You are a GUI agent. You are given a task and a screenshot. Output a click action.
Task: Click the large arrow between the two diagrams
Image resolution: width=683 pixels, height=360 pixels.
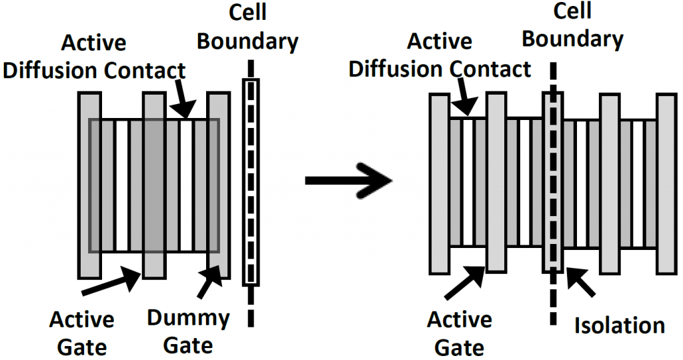pyautogui.click(x=347, y=180)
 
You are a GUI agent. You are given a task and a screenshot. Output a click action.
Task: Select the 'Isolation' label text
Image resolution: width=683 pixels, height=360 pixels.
pyautogui.click(x=620, y=325)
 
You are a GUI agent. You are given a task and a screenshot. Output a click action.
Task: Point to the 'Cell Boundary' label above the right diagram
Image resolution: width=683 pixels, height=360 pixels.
pyautogui.click(x=572, y=25)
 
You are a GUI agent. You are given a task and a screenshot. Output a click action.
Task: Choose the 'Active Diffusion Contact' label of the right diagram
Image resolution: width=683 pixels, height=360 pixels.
pyautogui.click(x=440, y=55)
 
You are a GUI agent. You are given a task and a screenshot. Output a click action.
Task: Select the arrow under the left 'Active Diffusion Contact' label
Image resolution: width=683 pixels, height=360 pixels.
pyautogui.click(x=182, y=101)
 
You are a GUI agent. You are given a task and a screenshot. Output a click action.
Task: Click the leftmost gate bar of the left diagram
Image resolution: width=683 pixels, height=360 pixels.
pyautogui.click(x=89, y=185)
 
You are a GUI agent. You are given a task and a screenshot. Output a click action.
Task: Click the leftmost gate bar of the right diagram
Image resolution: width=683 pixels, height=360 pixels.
pyautogui.click(x=439, y=184)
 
